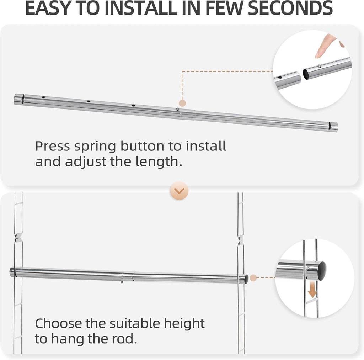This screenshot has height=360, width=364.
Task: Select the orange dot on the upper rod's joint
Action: coord(182,103)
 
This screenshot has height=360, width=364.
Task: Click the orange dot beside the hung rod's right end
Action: coord(253,277)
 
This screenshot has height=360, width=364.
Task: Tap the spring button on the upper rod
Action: coord(177,110)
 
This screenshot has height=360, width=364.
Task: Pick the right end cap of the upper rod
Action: coord(333,126)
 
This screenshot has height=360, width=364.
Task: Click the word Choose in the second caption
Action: coord(58,324)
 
